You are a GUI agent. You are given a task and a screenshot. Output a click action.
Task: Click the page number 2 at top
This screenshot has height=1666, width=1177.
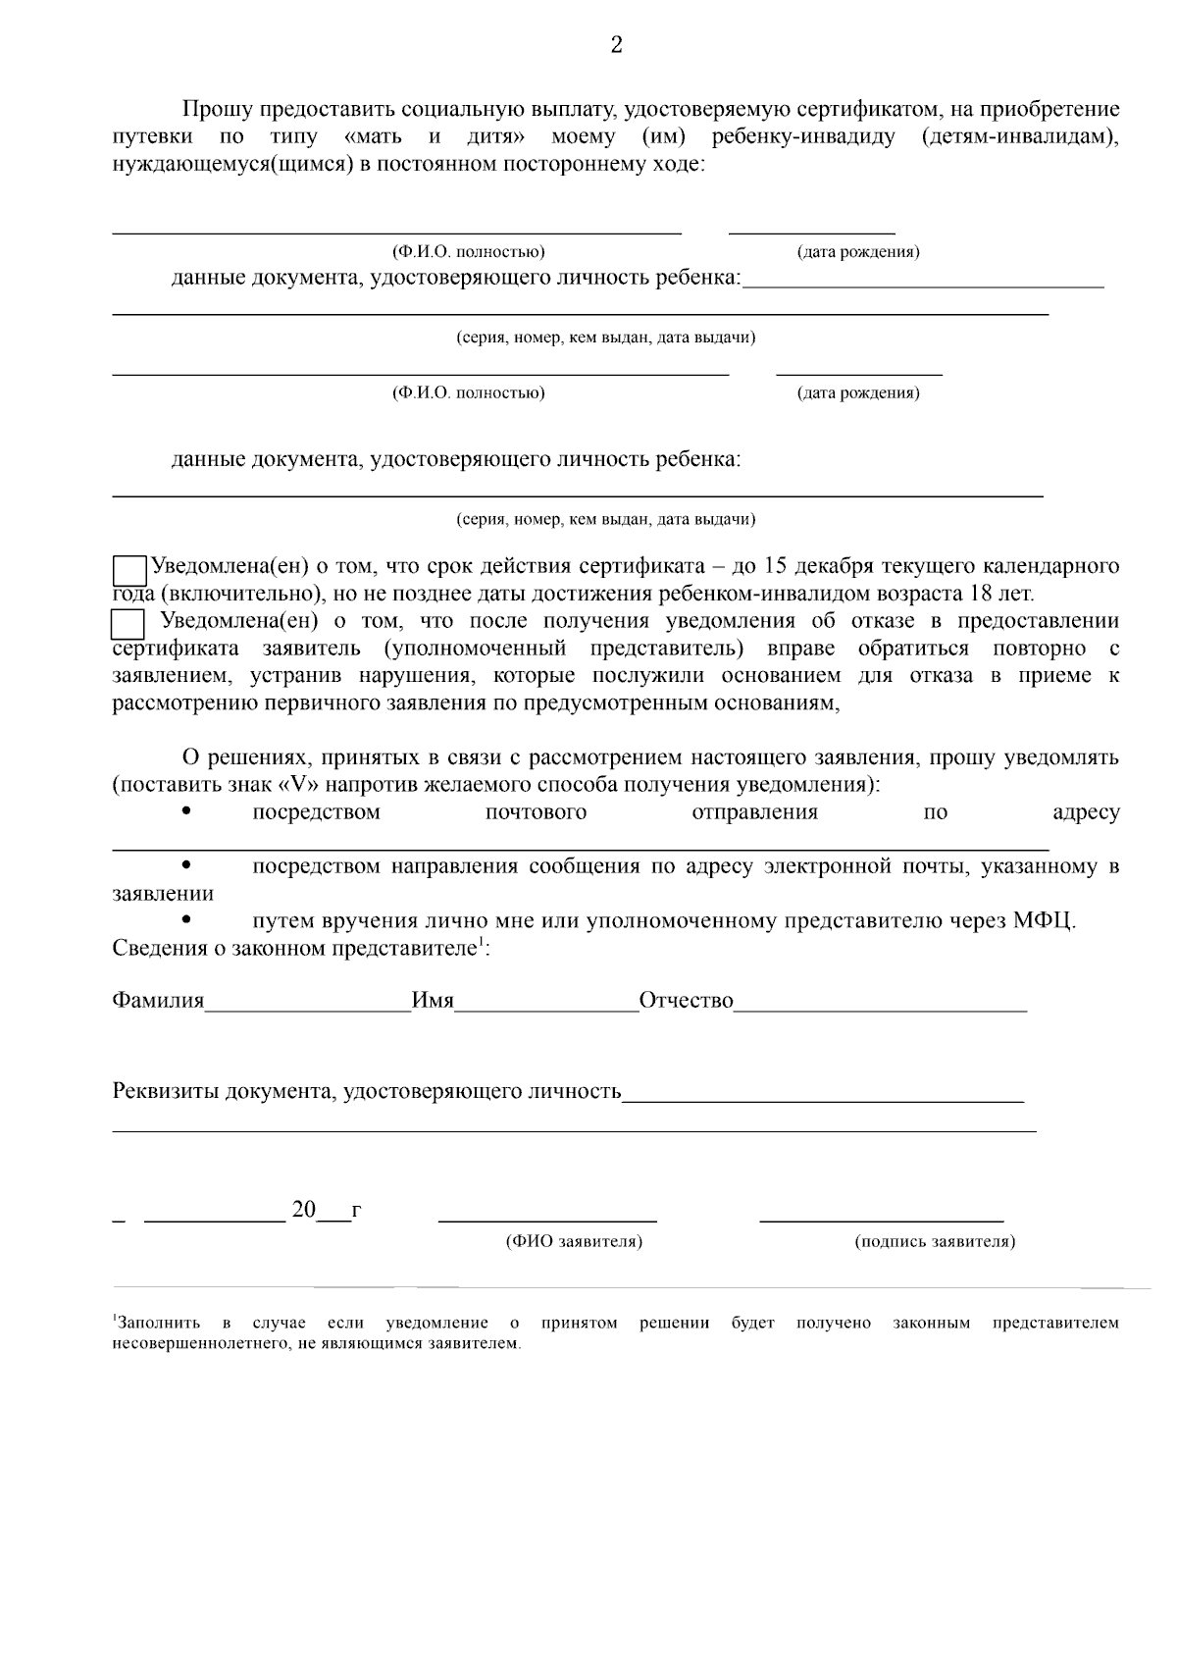click(616, 45)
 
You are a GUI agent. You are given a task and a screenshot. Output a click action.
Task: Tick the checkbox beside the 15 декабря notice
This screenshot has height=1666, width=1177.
click(129, 571)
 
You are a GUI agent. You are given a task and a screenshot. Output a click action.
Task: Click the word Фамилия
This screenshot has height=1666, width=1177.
click(158, 1001)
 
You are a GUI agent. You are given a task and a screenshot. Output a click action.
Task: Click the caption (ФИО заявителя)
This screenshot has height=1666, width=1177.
click(574, 1242)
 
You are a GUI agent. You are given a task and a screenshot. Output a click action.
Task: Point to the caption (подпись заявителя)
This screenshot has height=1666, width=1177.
click(935, 1242)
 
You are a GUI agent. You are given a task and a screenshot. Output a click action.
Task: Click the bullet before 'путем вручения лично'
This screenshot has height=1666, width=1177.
click(186, 920)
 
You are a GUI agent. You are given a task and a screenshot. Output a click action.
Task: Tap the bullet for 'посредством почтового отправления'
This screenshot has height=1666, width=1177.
click(186, 811)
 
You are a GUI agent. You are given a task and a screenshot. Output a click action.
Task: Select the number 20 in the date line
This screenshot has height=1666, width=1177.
click(304, 1210)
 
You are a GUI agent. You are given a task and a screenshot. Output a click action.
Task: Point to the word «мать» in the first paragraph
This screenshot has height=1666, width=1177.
click(374, 136)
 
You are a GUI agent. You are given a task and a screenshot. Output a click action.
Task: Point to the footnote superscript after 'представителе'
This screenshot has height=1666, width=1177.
click(480, 944)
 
